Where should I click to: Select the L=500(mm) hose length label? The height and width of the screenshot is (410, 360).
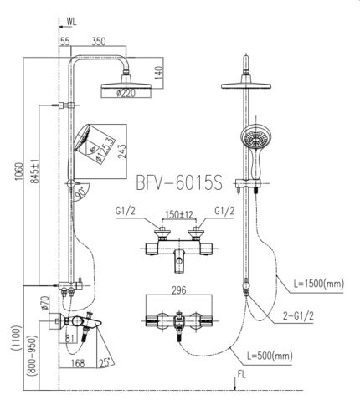pyautogui.click(x=269, y=356)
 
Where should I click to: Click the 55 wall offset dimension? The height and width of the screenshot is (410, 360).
pyautogui.click(x=64, y=40)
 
